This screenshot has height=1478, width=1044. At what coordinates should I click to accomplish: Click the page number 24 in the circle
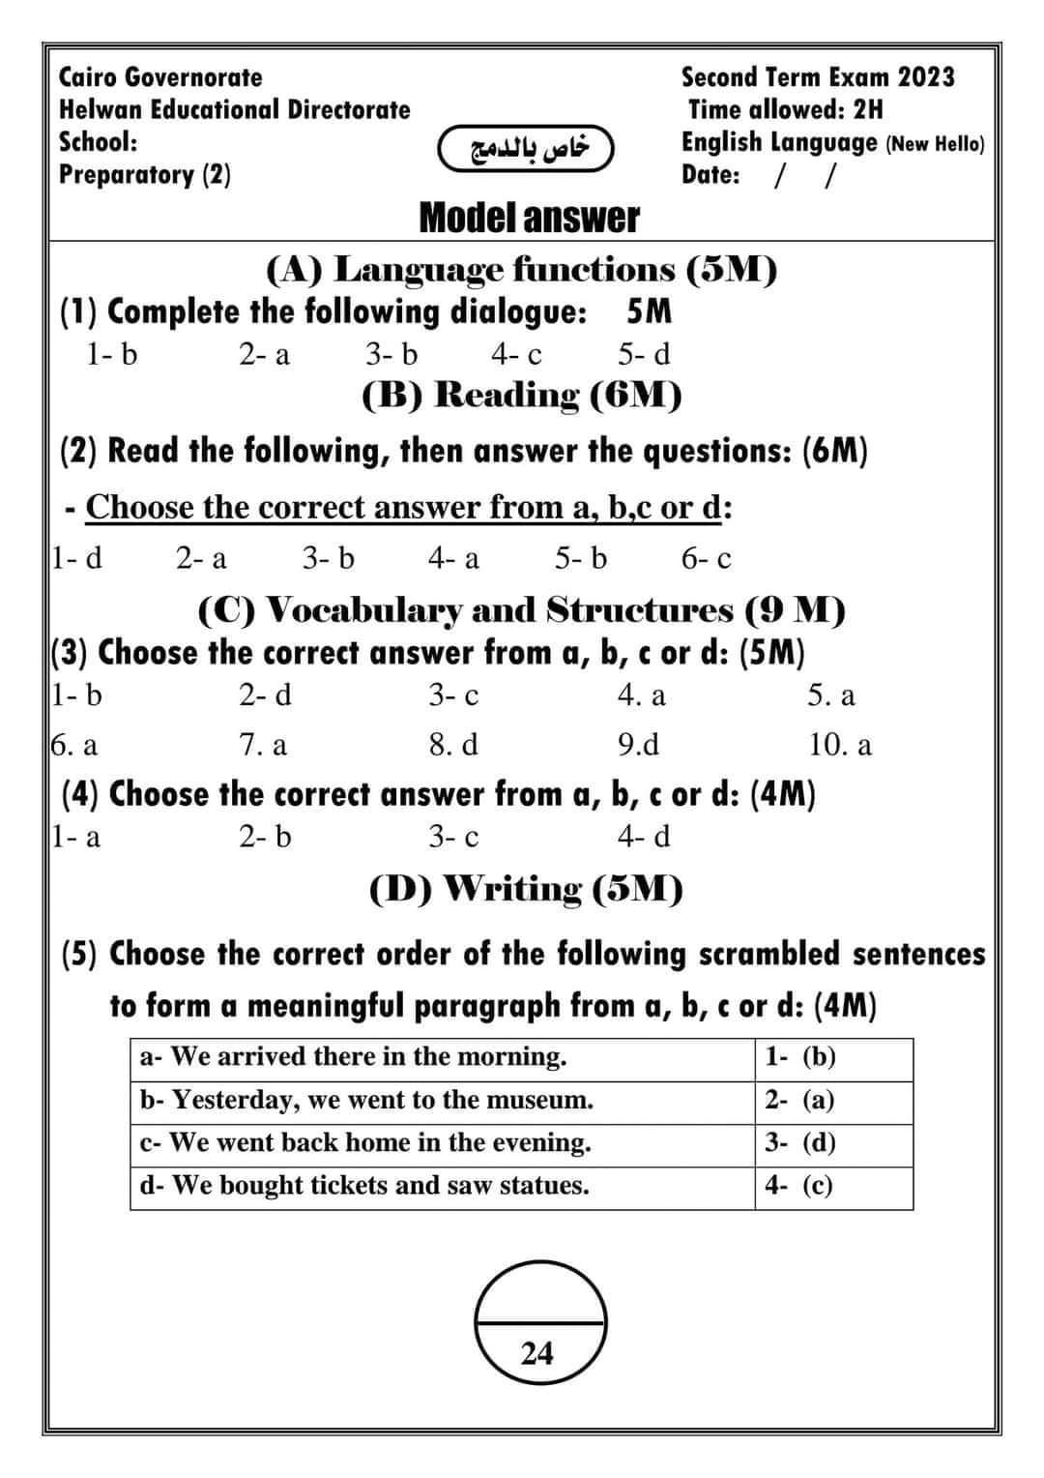point(537,1352)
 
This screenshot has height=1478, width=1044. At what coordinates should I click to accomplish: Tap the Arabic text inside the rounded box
point(528,148)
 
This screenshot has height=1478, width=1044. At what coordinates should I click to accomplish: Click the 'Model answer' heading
point(529,219)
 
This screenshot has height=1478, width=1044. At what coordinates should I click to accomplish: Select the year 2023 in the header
point(926,76)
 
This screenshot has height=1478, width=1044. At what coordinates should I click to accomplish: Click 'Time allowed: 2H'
point(785,109)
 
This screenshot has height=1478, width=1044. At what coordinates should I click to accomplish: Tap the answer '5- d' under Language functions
point(644,355)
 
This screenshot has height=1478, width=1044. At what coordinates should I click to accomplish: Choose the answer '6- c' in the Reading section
point(707,558)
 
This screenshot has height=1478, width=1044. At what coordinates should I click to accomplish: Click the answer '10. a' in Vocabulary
point(840,745)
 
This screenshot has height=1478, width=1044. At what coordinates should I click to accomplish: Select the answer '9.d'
point(639,745)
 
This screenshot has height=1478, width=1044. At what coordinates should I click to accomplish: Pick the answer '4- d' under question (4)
point(644,836)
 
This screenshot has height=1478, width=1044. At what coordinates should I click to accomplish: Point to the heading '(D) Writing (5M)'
point(527,888)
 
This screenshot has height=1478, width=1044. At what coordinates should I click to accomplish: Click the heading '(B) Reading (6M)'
point(522,395)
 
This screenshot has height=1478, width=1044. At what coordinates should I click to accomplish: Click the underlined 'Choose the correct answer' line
point(403,507)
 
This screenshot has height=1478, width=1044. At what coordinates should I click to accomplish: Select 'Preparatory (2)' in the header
point(145,175)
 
